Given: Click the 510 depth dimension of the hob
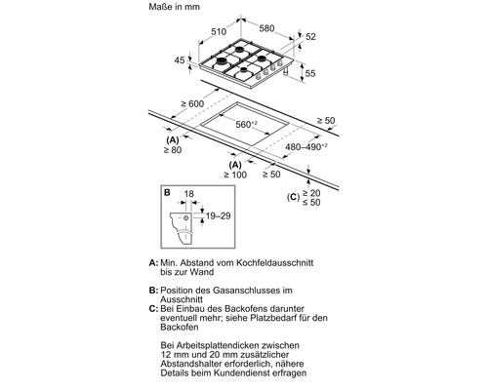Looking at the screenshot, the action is click(219, 31).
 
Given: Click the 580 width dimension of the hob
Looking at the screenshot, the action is click(266, 28).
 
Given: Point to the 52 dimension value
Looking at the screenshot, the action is click(310, 37).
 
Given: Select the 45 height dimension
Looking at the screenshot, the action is click(180, 60).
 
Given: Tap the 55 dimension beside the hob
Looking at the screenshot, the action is click(310, 73).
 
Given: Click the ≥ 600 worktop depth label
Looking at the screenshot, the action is click(192, 103).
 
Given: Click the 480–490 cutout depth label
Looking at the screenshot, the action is click(306, 147).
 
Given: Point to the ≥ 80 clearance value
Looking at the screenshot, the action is click(173, 150).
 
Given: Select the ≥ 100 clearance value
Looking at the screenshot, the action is click(235, 175).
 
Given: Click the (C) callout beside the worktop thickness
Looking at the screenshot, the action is click(293, 197).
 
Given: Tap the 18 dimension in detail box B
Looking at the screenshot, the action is click(188, 194).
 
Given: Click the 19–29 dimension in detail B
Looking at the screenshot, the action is click(218, 215).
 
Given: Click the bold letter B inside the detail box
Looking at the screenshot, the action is click(167, 193).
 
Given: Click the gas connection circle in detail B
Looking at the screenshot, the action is click(185, 218).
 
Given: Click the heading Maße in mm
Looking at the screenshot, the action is click(175, 7).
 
